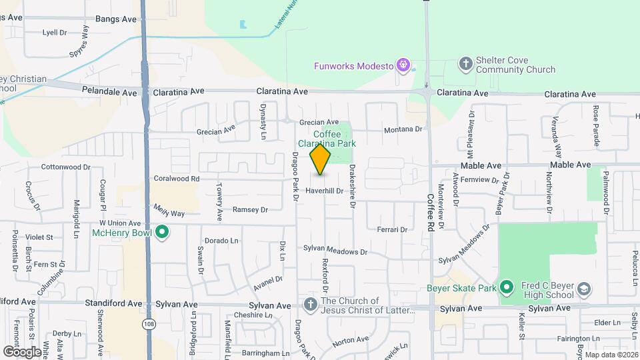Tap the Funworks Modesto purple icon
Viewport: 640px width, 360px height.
[403, 65]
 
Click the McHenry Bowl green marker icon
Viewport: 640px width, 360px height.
[161, 233]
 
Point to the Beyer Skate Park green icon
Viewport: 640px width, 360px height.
[506, 288]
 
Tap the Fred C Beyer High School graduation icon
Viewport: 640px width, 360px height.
[584, 289]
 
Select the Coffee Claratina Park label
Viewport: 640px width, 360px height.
[327, 139]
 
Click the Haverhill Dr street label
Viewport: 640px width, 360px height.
[324, 190]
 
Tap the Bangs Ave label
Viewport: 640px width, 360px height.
[116, 19]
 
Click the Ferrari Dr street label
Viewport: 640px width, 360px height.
[391, 229]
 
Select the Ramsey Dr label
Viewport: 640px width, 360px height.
[250, 209]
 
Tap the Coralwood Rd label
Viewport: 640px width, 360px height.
[177, 179]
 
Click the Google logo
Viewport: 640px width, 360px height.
[22, 351]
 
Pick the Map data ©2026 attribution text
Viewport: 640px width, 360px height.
[611, 354]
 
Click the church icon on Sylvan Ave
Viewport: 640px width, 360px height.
[309, 305]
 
